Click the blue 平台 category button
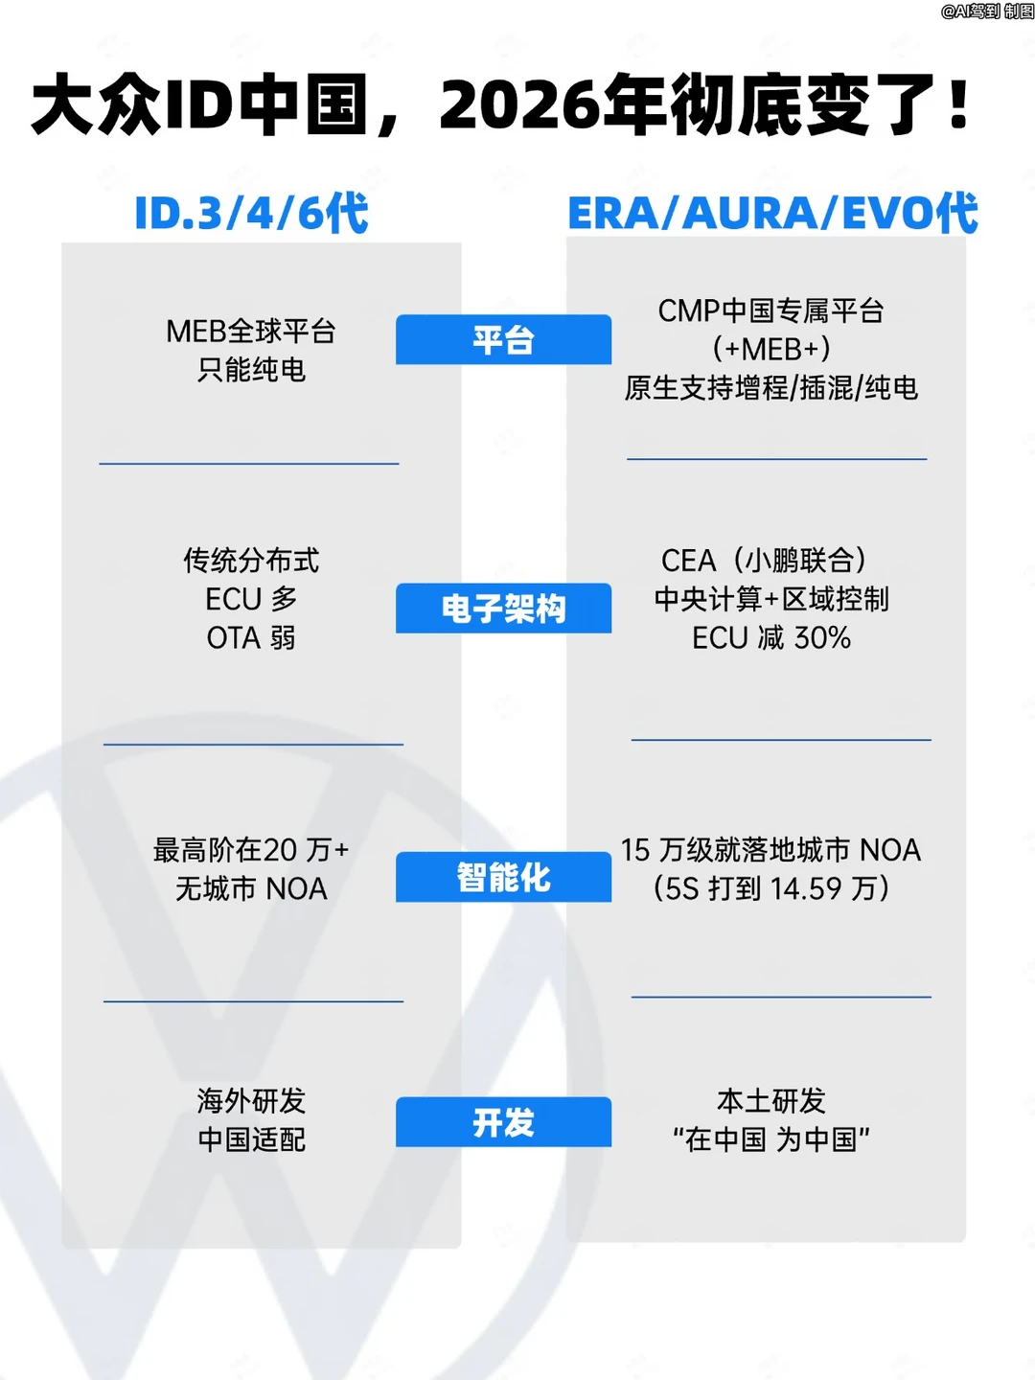coord(503,339)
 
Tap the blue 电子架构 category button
coord(503,608)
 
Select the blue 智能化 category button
coord(503,877)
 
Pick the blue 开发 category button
coord(503,1122)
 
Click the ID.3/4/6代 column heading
coord(251,213)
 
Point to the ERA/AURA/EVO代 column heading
coord(773,213)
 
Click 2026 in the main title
coord(517,104)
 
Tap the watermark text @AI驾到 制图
coord(987,11)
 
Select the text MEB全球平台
coord(251,332)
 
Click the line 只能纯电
coord(251,370)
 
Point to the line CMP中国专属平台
coord(771,310)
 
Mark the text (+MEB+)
coord(771,349)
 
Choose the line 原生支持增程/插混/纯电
coord(771,388)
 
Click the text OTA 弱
coord(251,637)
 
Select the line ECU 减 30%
coord(771,637)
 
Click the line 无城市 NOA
coord(251,888)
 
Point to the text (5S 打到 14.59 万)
coord(771,888)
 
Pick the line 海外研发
coord(251,1101)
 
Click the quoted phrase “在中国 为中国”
coord(771,1139)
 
